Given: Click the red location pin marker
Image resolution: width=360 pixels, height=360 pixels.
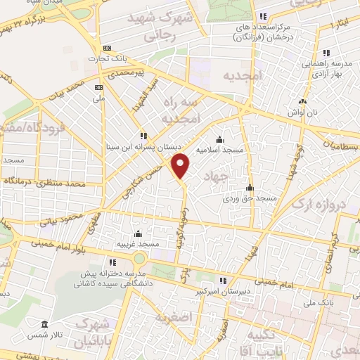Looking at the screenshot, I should tap(181, 165).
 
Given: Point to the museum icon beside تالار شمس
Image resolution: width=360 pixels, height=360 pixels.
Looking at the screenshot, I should tap(45, 325).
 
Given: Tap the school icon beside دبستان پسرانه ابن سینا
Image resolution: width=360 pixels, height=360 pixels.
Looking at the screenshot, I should tap(143, 136).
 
